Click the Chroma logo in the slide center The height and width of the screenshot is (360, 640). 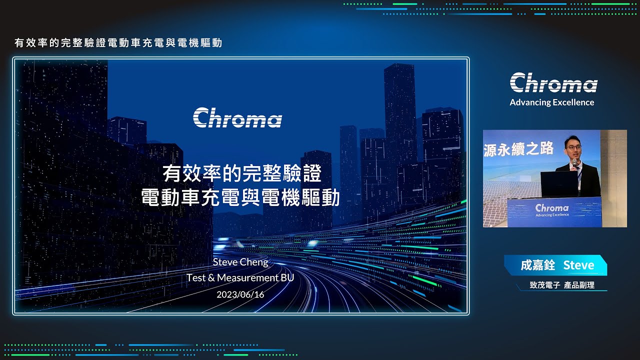click(237, 117)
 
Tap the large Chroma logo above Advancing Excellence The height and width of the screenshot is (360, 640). click(553, 82)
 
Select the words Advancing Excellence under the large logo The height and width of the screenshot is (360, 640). click(551, 102)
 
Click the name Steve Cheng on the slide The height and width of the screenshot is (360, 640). click(240, 262)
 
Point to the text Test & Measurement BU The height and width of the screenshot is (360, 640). click(240, 277)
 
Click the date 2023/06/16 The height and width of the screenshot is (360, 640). click(240, 294)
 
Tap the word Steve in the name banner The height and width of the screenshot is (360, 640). click(578, 265)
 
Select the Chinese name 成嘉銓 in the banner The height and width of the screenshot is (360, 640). click(537, 265)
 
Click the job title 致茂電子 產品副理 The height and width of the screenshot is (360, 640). click(562, 285)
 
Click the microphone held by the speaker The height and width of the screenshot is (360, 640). click(574, 162)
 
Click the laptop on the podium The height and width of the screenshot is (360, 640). click(559, 184)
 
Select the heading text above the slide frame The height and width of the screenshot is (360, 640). click(118, 43)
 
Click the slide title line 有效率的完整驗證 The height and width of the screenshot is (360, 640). click(242, 173)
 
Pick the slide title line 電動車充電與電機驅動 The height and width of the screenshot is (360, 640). click(240, 197)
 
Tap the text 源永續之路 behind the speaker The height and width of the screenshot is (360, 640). click(518, 149)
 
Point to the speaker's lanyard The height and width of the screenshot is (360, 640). click(579, 177)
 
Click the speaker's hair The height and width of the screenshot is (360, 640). click(572, 139)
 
